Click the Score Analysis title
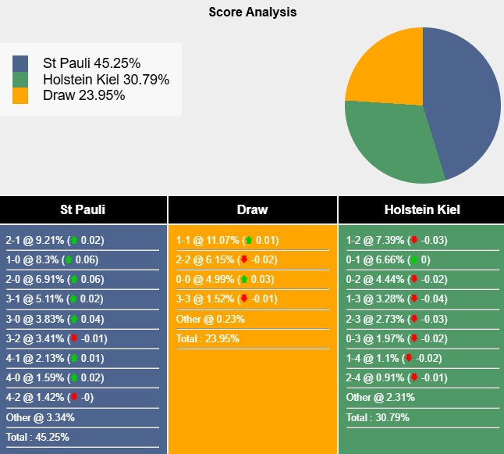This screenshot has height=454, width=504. click(x=252, y=13)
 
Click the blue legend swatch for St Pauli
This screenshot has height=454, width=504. click(x=20, y=63)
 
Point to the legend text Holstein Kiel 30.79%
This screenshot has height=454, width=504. click(x=106, y=80)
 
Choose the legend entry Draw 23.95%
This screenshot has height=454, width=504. click(x=83, y=95)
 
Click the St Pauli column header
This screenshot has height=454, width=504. click(x=83, y=209)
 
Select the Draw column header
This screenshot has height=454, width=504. click(x=252, y=209)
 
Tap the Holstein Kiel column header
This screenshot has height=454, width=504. click(x=421, y=209)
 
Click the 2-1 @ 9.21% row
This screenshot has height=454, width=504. click(x=55, y=241)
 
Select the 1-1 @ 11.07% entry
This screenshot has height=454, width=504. click(x=227, y=241)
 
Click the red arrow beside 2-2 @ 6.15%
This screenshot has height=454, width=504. click(x=244, y=260)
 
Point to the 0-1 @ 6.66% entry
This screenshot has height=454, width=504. click(x=387, y=260)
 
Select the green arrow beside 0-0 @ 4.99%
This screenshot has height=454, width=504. click(x=244, y=280)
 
